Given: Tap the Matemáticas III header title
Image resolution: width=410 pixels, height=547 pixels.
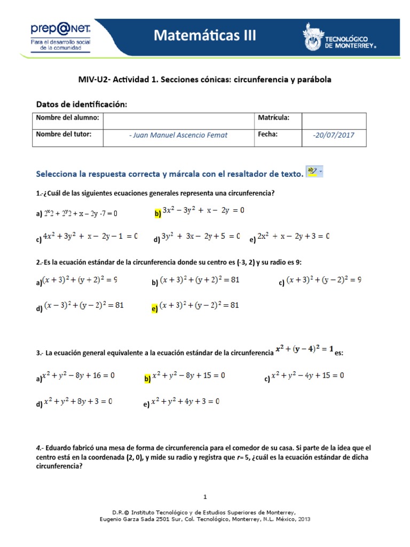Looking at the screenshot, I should [206, 36].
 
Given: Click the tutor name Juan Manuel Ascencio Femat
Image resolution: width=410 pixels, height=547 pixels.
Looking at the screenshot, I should [178, 135].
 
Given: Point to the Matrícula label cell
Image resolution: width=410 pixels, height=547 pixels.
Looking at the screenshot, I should [273, 118].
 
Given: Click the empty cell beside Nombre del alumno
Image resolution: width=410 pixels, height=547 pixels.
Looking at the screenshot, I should [178, 119].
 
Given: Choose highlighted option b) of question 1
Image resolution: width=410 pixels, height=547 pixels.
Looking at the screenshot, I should [158, 214].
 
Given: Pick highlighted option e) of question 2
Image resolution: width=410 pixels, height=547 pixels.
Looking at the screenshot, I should [155, 308].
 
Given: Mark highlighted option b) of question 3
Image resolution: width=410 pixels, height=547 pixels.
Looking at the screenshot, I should [148, 379].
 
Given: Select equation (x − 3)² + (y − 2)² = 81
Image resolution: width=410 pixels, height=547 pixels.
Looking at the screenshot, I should [84, 306].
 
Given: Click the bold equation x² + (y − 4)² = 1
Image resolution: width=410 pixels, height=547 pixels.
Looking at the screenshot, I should [304, 350].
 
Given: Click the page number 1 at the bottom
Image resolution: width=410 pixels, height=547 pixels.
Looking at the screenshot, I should [205, 496].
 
